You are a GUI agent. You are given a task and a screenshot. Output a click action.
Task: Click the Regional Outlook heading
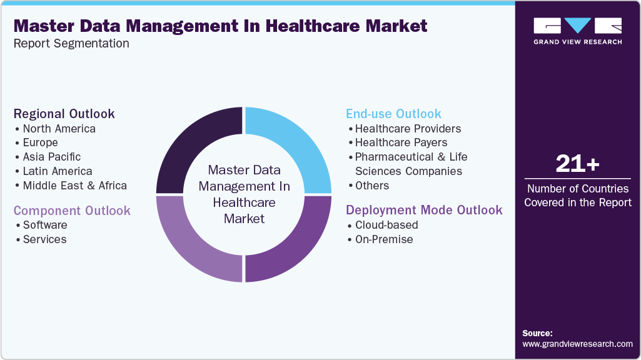click(64, 114)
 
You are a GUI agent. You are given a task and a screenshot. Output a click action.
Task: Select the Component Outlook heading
click(72, 210)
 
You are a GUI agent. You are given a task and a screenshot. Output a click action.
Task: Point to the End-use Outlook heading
click(393, 114)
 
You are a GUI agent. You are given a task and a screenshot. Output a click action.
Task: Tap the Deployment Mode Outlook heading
click(424, 210)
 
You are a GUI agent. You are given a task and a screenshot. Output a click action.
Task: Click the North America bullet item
click(59, 129)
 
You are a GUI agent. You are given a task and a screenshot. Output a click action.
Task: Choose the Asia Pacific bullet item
click(51, 157)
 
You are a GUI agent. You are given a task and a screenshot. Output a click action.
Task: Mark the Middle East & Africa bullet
click(74, 186)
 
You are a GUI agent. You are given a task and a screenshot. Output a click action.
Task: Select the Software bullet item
click(44, 225)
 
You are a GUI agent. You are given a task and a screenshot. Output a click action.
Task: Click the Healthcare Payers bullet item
click(401, 142)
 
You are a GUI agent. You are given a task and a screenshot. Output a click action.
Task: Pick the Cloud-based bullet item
click(386, 225)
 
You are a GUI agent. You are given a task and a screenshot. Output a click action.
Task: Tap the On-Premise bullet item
click(384, 239)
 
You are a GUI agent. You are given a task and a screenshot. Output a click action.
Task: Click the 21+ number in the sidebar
click(577, 164)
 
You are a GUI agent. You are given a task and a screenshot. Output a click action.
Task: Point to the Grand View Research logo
click(577, 31)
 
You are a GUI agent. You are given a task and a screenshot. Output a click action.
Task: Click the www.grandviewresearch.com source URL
click(577, 344)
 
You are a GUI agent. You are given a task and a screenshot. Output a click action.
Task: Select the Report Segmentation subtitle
click(71, 44)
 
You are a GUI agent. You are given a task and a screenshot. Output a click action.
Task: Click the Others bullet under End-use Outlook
click(371, 186)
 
